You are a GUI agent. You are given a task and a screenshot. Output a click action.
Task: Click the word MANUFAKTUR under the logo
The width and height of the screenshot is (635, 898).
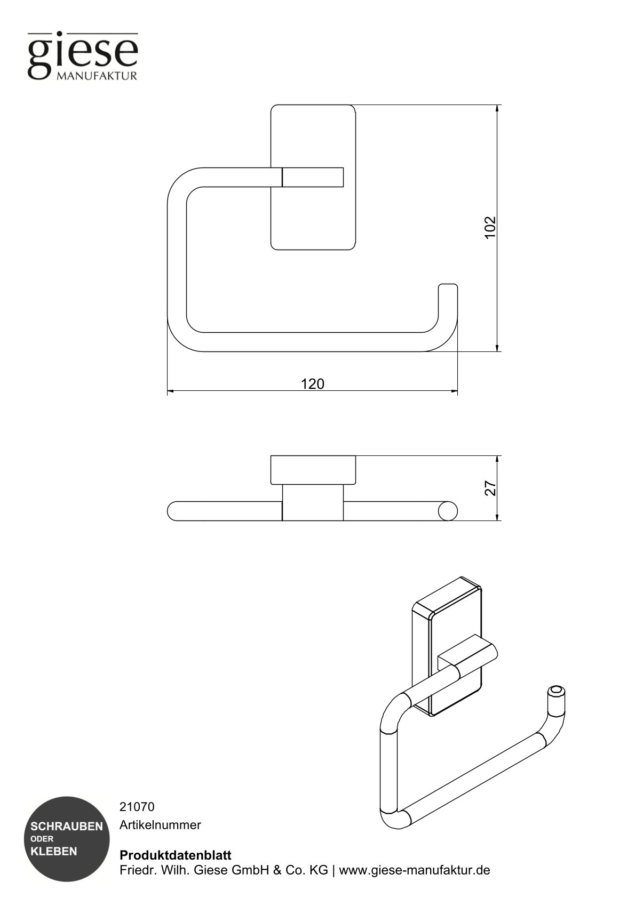click(x=97, y=76)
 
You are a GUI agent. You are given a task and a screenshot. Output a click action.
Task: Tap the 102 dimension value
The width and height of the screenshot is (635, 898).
click(x=490, y=227)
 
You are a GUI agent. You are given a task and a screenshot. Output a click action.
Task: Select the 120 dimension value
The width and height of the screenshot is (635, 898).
click(x=312, y=384)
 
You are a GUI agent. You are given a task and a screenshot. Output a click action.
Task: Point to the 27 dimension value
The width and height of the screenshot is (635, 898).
click(x=490, y=488)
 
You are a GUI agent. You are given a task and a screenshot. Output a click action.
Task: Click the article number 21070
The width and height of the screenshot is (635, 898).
click(x=137, y=807)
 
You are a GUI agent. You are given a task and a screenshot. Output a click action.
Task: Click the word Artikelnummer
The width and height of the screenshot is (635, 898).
click(x=160, y=825)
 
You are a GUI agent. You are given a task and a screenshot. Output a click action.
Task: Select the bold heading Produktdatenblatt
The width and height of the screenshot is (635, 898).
click(x=176, y=855)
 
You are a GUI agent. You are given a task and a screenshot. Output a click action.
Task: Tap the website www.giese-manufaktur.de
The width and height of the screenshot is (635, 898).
click(x=415, y=870)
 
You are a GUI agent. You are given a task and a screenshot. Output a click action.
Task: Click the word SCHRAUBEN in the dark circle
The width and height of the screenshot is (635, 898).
click(x=67, y=827)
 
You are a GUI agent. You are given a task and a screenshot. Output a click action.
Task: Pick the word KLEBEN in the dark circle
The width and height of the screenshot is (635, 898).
click(x=54, y=852)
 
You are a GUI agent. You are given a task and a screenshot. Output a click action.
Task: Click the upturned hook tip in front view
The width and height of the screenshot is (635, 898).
click(x=448, y=288)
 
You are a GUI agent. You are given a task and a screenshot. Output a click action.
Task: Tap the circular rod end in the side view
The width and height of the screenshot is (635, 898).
click(x=448, y=511)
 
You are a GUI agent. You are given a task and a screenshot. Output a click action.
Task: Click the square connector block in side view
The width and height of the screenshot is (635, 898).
click(x=312, y=503)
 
